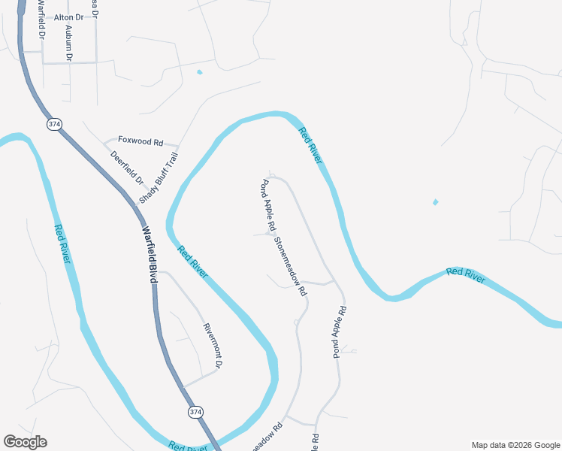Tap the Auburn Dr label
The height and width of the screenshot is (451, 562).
tap(69, 42)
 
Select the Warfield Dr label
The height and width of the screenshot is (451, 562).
tap(40, 23)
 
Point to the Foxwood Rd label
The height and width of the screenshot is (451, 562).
tap(140, 141)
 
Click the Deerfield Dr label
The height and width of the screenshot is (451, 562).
tap(126, 169)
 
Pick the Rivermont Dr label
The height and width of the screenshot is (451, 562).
tap(212, 346)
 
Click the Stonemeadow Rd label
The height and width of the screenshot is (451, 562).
tap(291, 266)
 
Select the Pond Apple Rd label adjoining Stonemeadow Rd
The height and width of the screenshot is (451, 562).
tap(267, 205)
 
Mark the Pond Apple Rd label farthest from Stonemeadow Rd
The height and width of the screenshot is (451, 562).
tap(340, 331)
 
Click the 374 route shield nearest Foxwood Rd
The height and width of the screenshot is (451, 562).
tap(53, 124)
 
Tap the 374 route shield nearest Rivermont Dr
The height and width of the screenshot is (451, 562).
tap(195, 412)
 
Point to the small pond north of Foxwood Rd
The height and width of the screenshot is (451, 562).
tap(199, 72)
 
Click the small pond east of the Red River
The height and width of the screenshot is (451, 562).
tap(435, 201)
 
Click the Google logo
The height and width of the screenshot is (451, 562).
tap(25, 442)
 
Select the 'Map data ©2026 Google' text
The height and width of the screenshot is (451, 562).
tap(515, 445)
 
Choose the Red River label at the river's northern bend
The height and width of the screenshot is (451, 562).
tap(310, 146)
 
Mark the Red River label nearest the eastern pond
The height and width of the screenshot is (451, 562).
tap(466, 274)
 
